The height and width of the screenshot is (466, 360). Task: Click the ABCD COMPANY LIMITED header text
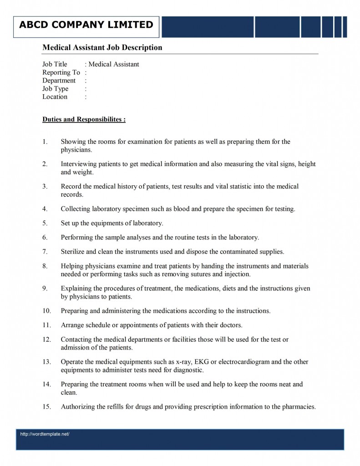86,25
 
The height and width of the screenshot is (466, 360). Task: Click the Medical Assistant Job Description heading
102,47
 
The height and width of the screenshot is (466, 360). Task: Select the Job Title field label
55,64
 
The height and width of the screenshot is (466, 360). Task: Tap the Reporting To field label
61,72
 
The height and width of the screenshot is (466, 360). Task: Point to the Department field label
59,81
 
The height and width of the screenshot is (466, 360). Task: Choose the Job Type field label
55,89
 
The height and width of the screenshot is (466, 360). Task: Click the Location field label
55,96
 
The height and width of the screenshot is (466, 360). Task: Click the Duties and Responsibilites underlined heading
84,120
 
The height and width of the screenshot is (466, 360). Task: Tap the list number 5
45,223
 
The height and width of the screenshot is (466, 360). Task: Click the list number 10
46,311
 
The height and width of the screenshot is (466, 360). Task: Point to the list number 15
46,407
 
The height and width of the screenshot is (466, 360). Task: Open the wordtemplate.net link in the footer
45,434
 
